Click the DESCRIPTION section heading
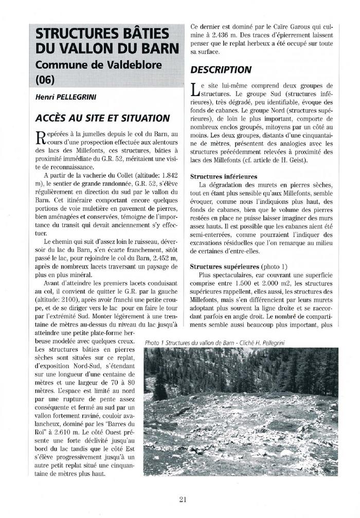221,69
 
